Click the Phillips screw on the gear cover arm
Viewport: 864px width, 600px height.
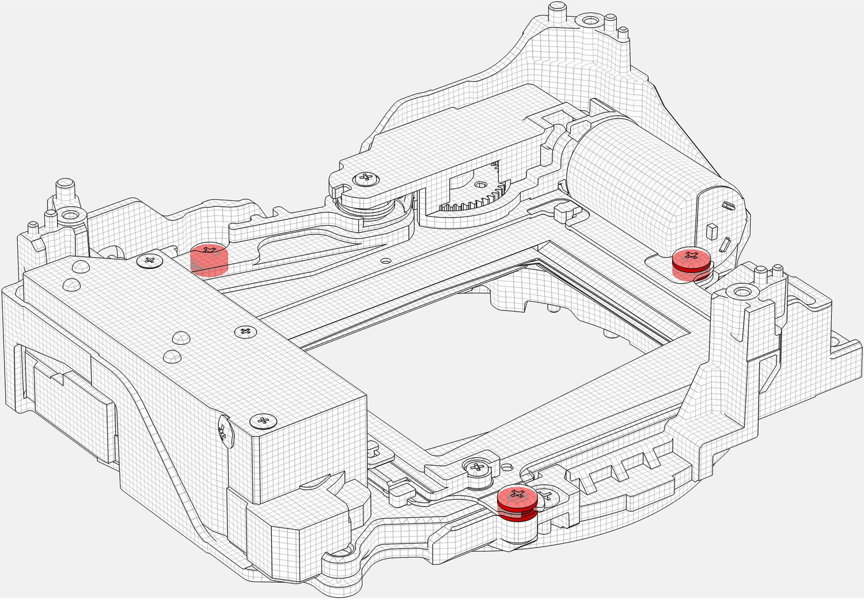[366, 178]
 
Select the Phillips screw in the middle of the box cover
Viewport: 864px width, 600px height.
[246, 332]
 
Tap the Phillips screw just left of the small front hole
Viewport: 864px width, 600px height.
[478, 466]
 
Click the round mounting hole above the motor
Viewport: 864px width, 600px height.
[589, 21]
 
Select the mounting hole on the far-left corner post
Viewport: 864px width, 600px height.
[70, 217]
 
